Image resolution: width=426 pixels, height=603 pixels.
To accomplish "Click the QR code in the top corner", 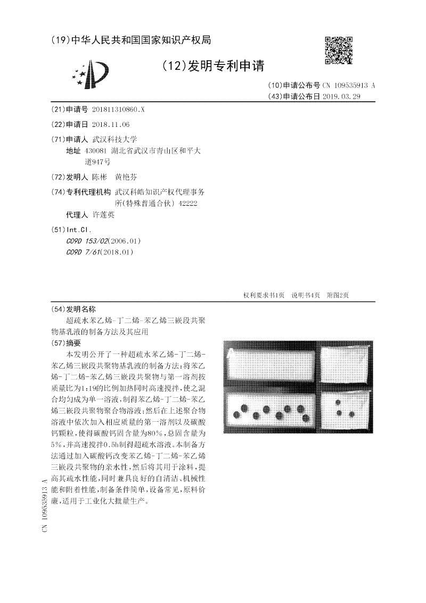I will tap(338, 51).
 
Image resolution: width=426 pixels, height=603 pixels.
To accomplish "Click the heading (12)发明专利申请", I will tap(212, 66).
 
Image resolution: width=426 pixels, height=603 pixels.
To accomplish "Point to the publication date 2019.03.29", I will tap(342, 97).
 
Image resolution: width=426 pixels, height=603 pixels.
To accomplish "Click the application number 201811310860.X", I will tap(118, 109).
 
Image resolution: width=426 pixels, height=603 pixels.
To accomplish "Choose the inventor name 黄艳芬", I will tap(126, 177).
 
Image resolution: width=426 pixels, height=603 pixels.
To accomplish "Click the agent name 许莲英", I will tap(103, 215).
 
